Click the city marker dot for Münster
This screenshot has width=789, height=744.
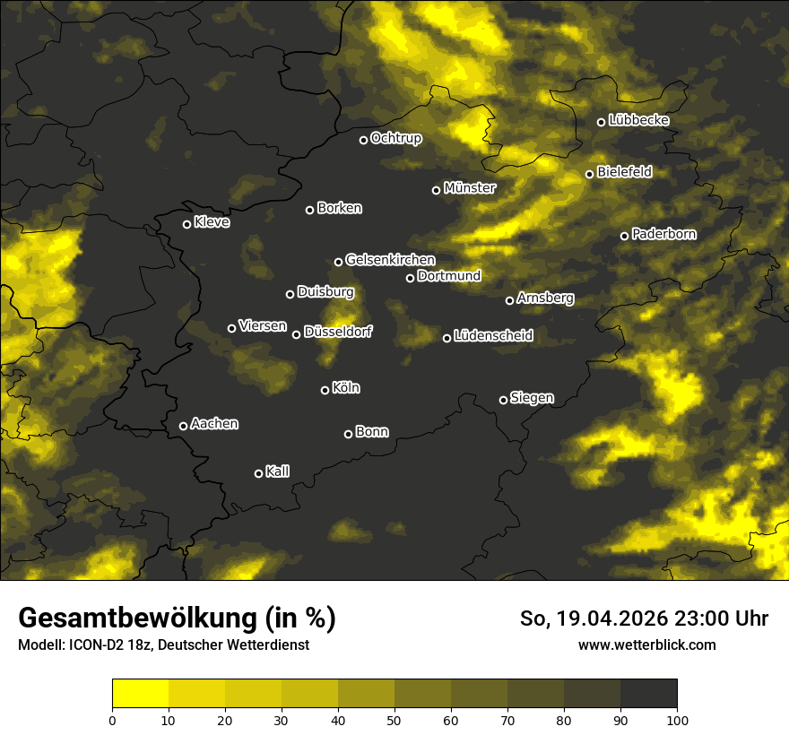(437, 190)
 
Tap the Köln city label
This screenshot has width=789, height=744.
(346, 388)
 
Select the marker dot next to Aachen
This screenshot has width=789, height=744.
(184, 426)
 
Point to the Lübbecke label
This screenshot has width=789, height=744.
(638, 120)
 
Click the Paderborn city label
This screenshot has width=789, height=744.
(663, 234)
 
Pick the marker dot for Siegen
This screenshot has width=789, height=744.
(503, 400)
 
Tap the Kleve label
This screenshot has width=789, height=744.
(212, 222)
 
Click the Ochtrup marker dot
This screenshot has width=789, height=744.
(364, 140)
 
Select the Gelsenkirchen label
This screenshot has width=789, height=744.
(390, 260)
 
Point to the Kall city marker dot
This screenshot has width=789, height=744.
(259, 473)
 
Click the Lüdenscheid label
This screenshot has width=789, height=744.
(493, 336)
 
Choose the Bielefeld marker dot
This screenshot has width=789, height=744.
(590, 174)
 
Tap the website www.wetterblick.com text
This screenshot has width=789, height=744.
(646, 645)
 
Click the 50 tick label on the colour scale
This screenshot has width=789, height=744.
(394, 720)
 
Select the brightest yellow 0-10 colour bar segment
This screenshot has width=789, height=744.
(140, 694)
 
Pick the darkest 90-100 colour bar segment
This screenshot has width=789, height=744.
(648, 694)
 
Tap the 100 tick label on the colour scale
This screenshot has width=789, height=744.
(676, 720)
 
